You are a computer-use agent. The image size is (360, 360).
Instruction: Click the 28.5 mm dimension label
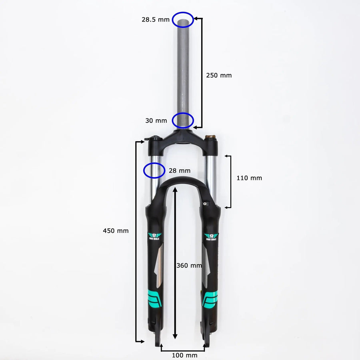pos(156,19)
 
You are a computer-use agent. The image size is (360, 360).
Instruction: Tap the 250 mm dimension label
pos(218,75)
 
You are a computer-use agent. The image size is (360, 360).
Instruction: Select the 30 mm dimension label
pos(156,120)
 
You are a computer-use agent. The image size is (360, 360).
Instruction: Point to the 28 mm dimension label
pos(180,170)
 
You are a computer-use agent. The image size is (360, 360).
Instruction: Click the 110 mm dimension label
pos(249,178)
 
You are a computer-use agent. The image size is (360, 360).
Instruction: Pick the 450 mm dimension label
pos(116,231)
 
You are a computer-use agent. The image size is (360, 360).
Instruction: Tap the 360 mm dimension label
pos(189,265)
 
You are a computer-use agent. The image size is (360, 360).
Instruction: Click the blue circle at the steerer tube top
pos(183,19)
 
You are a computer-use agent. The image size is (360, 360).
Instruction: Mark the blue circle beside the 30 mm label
pos(183,120)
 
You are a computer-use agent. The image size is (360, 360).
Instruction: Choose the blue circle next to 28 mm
pos(154,170)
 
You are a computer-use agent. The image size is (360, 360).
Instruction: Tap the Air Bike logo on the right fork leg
pos(211,237)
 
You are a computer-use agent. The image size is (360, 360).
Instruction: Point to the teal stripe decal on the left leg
pos(154,298)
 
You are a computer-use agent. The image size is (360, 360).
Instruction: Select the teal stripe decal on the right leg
pos(211,299)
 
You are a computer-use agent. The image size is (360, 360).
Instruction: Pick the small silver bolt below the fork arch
pos(205,204)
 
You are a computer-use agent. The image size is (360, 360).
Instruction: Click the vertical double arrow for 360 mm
pos(175,264)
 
